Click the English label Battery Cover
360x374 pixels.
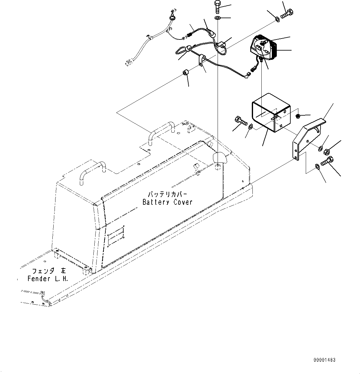(x=167, y=202)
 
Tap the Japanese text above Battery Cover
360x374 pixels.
(x=167, y=194)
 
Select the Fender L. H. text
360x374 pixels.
(x=48, y=279)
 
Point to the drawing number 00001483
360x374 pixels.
(x=325, y=360)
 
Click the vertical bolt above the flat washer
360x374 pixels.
(x=218, y=7)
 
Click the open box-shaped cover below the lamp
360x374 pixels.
(x=271, y=113)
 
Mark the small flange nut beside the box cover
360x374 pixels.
(x=298, y=116)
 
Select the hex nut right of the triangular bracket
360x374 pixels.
(x=327, y=152)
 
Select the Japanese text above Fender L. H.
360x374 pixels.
(x=49, y=271)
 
